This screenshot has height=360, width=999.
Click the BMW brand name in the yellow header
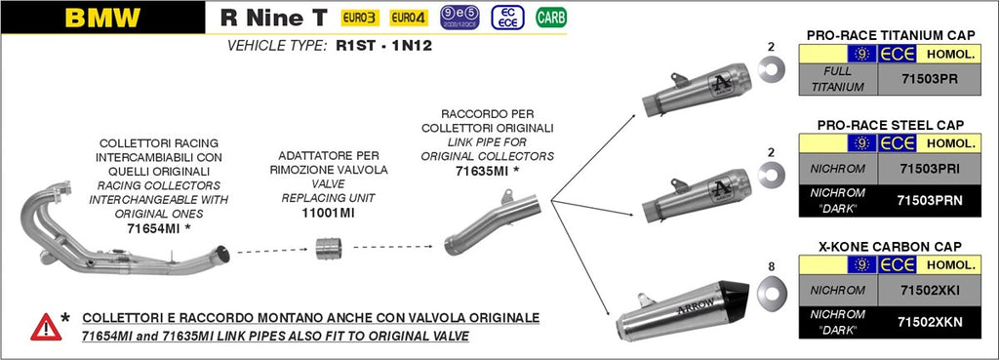tap(101, 18)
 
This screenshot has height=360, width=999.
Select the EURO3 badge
tap(358, 18)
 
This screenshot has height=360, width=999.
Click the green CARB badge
tap(551, 18)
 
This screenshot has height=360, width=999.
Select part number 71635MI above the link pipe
tap(482, 170)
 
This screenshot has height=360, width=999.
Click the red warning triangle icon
tap(45, 326)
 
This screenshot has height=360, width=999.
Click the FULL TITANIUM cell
tap(837, 79)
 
